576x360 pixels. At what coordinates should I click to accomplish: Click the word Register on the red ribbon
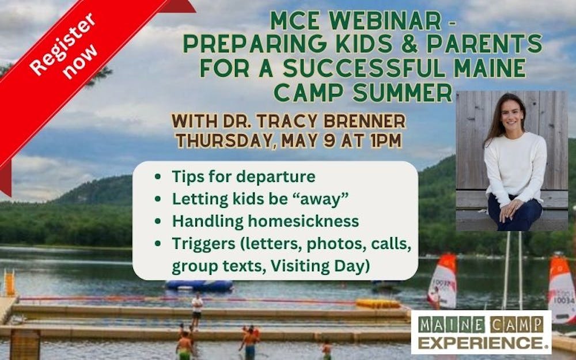point(62,44)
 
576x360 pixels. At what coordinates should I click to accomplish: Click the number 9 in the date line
point(330,141)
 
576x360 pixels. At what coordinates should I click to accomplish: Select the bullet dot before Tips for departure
point(158,177)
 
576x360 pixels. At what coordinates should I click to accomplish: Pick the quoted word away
point(319,199)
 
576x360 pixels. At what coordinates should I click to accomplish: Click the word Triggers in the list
point(203,244)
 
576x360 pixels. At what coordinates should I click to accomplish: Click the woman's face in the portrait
point(511,114)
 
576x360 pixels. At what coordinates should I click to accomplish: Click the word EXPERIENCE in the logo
point(481,343)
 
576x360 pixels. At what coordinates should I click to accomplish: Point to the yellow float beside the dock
point(378,304)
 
